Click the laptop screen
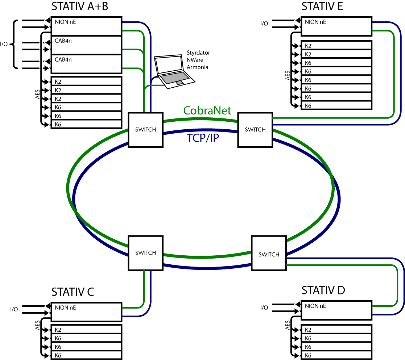[x=169, y=65]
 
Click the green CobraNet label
[x=207, y=111]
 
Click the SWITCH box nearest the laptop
[x=145, y=130]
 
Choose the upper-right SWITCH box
[x=255, y=130]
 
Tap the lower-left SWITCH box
[x=145, y=253]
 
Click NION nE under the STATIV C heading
[x=86, y=312]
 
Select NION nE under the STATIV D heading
[x=336, y=310]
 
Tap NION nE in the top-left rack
[x=86, y=26]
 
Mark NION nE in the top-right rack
[x=336, y=26]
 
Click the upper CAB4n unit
[x=86, y=45]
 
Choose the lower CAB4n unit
[x=86, y=64]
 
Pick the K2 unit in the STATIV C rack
[x=86, y=330]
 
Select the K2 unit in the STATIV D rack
[x=336, y=330]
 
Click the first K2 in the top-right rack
[x=336, y=46]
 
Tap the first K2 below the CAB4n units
[x=86, y=81]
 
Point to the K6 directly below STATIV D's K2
[x=336, y=338]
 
